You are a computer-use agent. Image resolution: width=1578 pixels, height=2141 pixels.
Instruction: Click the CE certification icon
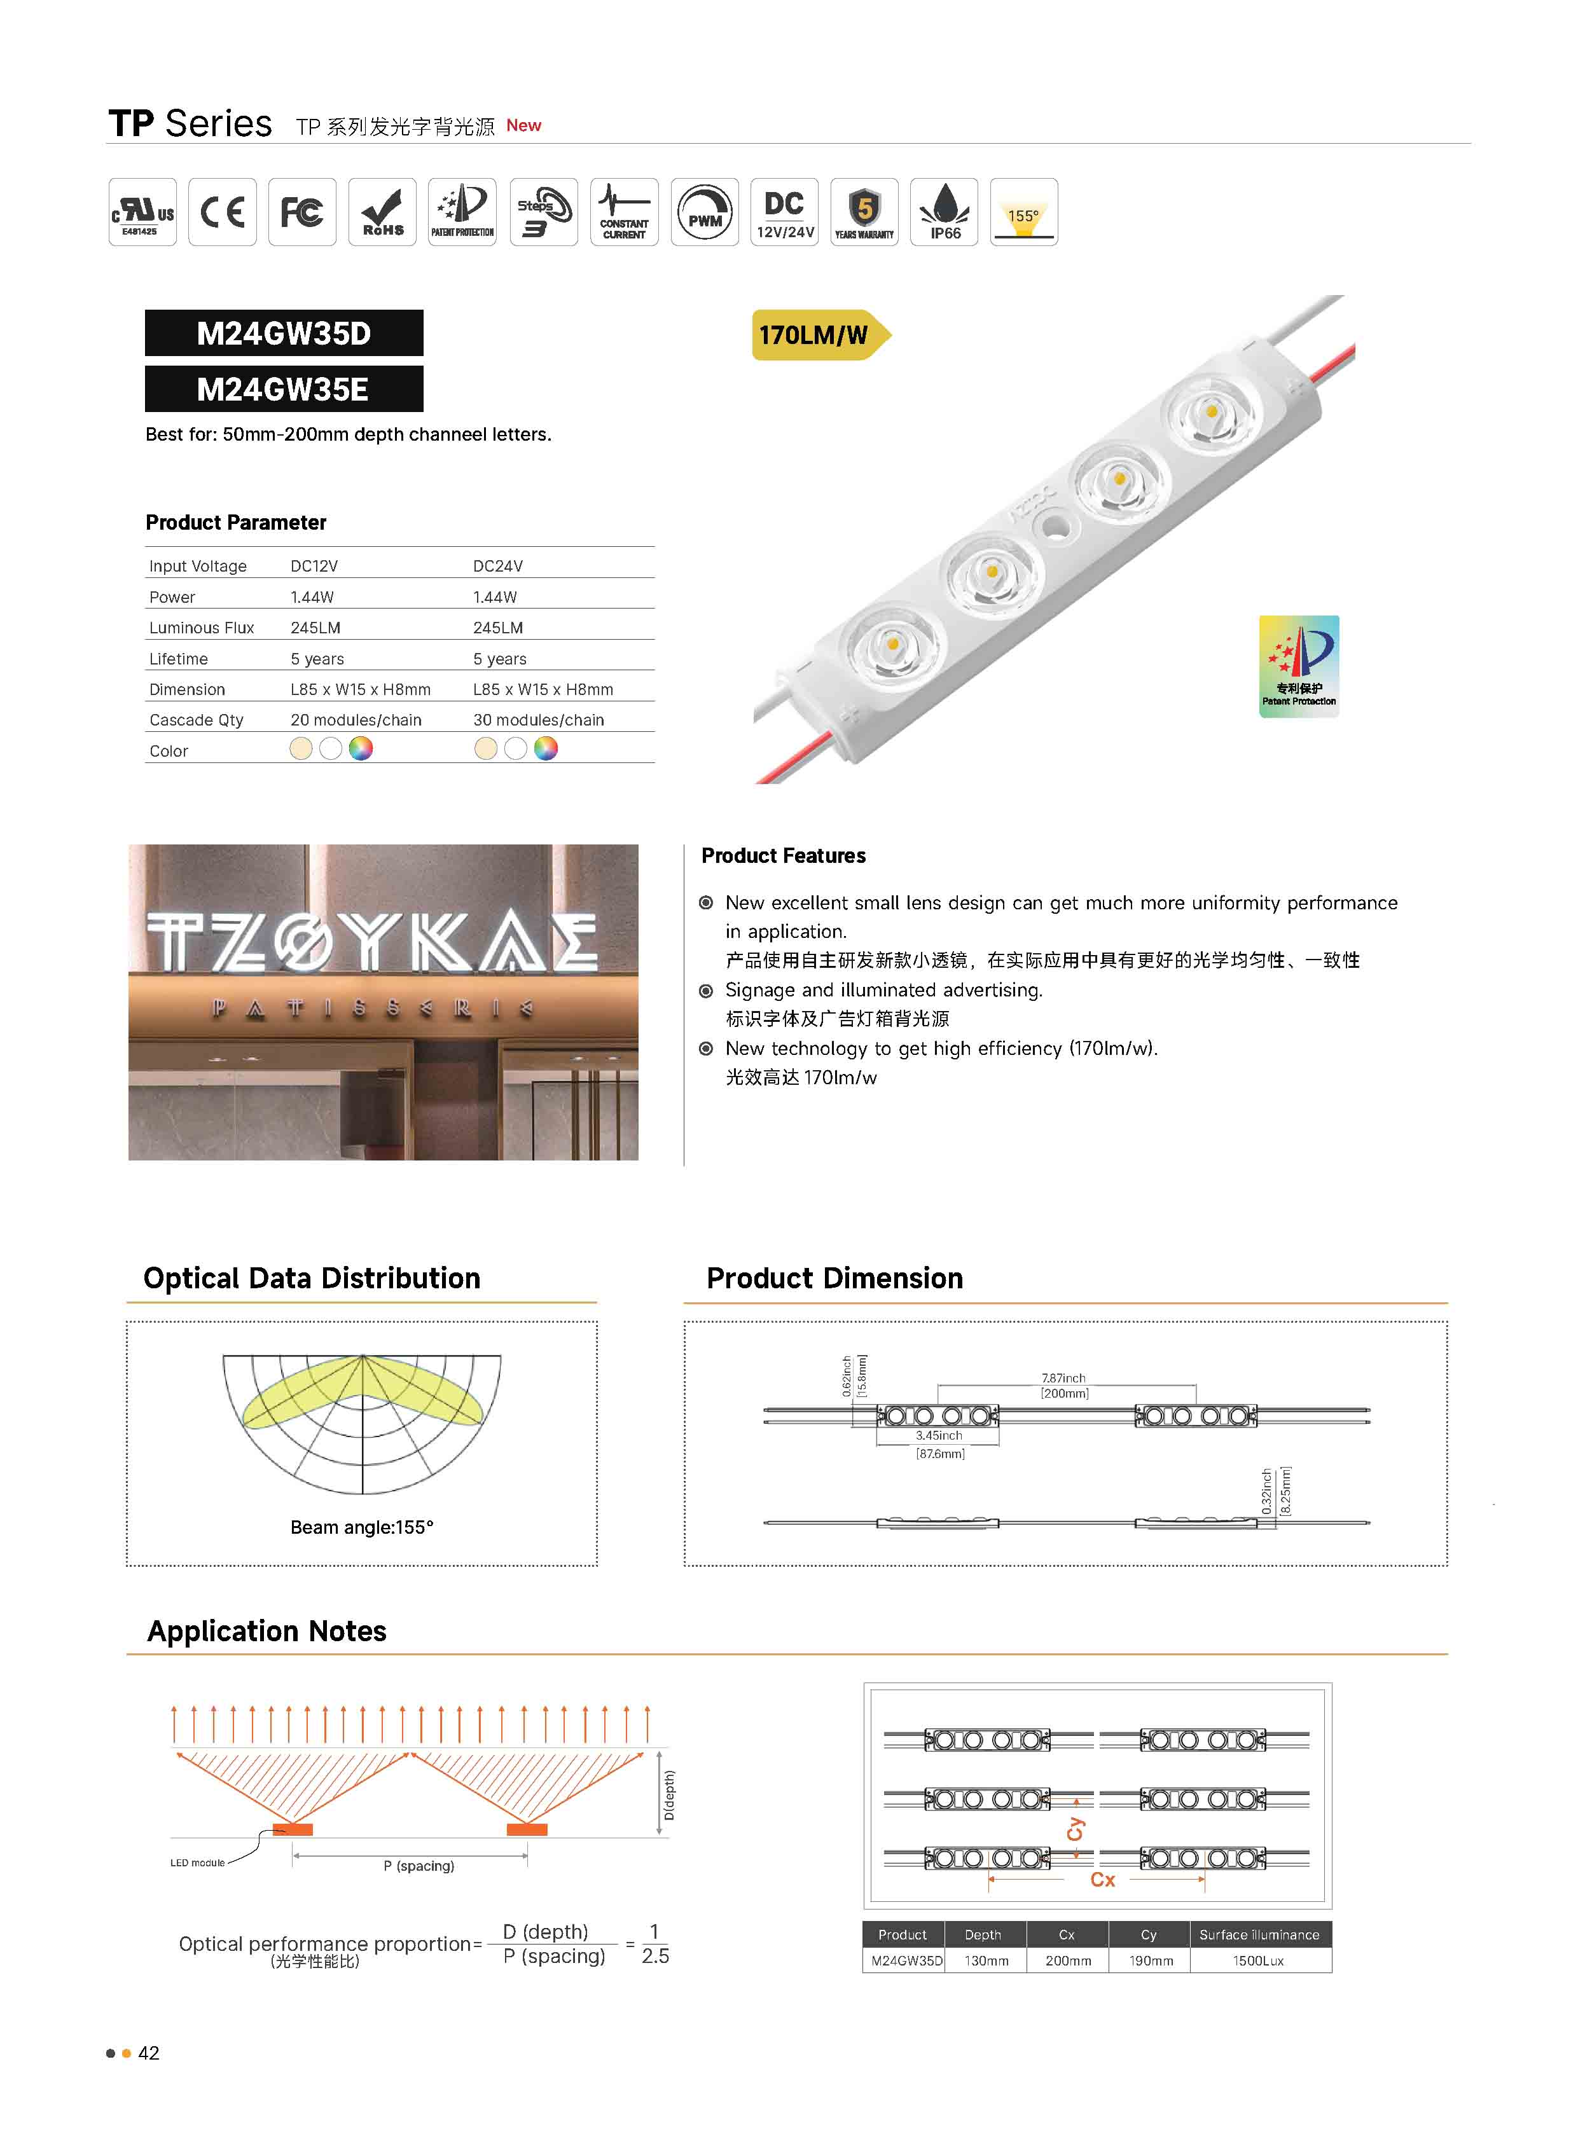click(221, 212)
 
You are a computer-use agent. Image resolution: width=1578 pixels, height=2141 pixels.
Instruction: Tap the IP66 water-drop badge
click(944, 212)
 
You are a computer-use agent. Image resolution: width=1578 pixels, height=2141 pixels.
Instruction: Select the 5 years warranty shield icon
click(864, 212)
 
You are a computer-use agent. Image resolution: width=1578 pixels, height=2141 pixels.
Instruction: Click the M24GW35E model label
click(283, 390)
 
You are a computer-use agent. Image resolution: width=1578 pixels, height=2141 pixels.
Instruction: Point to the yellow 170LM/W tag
click(814, 335)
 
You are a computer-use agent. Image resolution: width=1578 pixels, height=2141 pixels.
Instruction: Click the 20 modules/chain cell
click(356, 720)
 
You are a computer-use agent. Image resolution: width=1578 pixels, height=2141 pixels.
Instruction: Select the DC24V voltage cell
click(497, 567)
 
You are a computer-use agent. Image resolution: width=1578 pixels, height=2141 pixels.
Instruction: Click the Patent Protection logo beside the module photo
click(1298, 666)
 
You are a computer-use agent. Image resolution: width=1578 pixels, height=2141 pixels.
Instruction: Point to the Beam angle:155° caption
click(361, 1527)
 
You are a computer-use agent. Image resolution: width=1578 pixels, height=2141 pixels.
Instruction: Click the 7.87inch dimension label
click(1063, 1378)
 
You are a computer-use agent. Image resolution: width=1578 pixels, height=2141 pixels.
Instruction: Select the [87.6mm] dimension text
click(940, 1454)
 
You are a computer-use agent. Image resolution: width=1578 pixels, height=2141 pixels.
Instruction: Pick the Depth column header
click(982, 1935)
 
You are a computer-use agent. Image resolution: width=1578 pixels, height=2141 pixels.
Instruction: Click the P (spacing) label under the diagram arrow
click(419, 1866)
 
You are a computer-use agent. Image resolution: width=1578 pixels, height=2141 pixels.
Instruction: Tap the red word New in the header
click(523, 125)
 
